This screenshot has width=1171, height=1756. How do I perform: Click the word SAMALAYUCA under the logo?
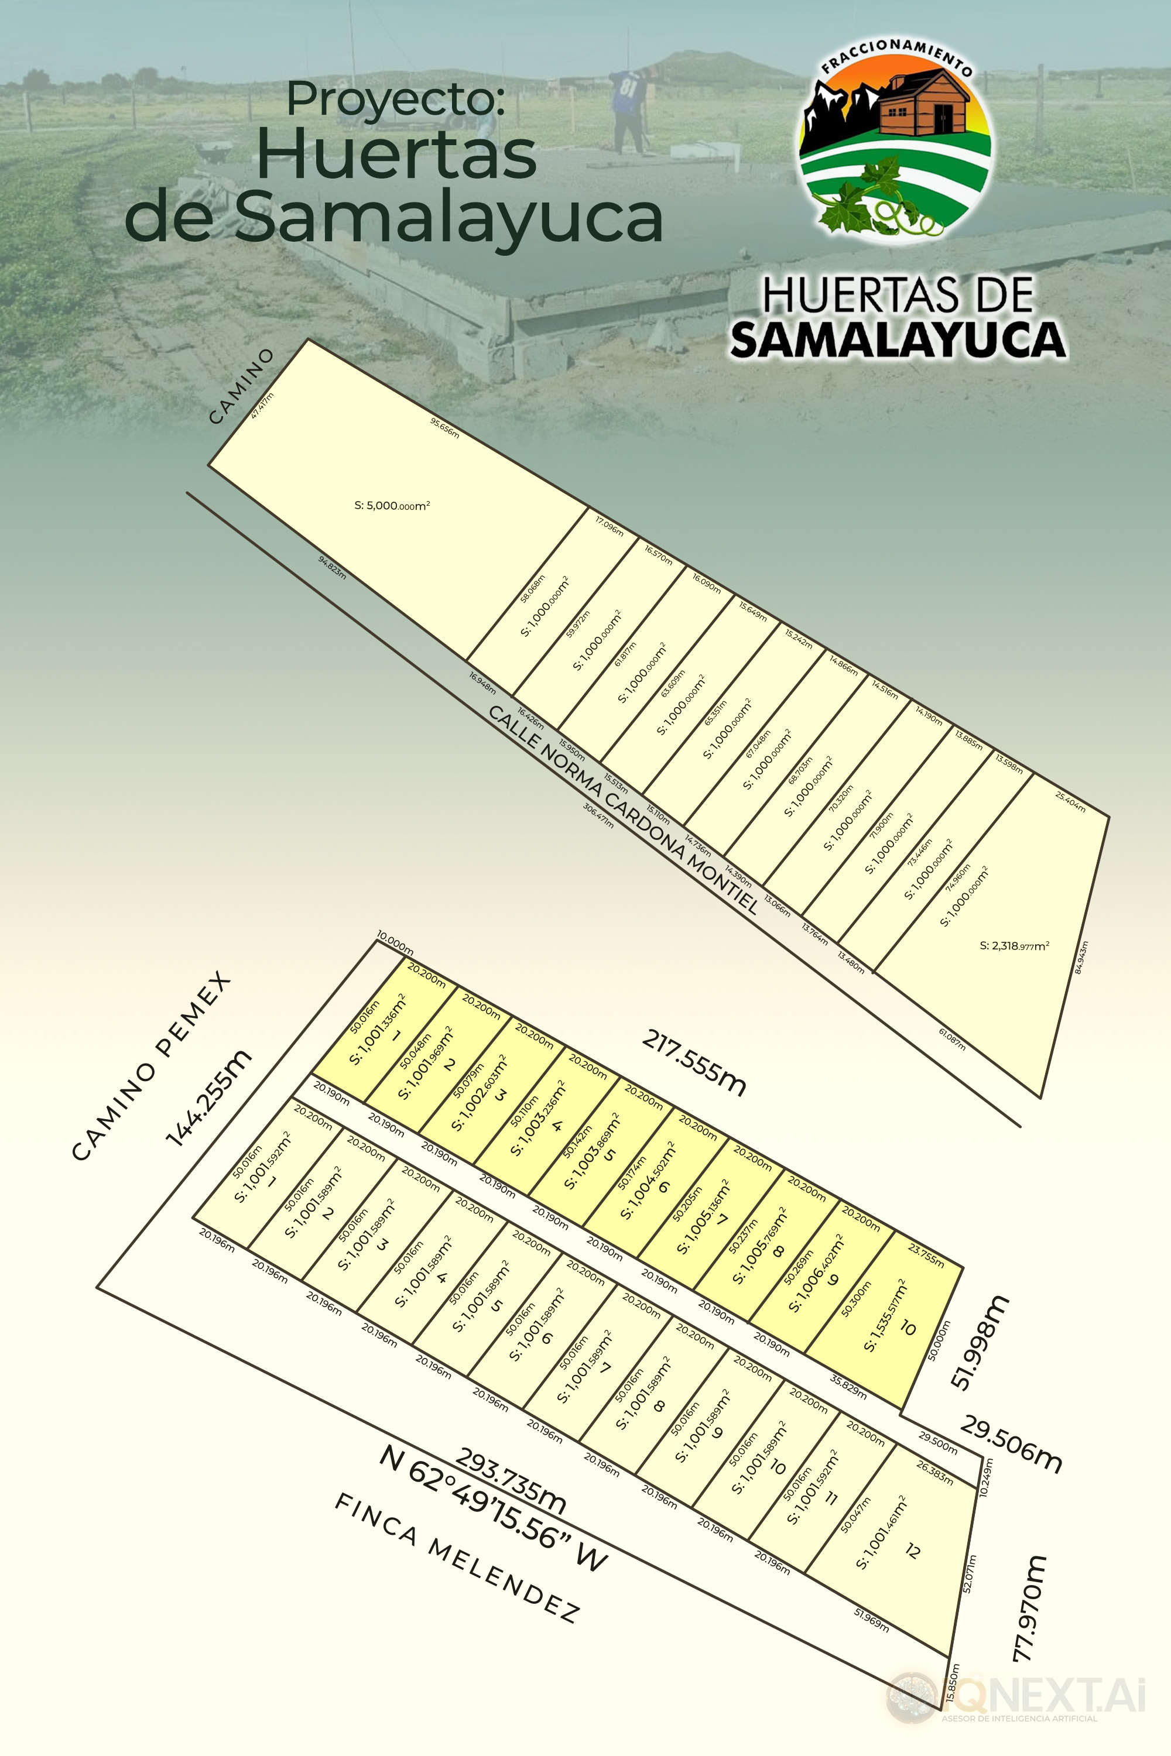coord(898,339)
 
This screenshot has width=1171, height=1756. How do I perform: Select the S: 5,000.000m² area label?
coord(392,506)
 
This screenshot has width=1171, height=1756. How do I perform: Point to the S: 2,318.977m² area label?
coord(1014,946)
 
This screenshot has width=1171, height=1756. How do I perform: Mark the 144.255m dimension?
coord(208,1097)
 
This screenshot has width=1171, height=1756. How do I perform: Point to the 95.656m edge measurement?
coord(444,428)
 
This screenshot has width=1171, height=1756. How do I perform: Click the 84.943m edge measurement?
coord(1081,957)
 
